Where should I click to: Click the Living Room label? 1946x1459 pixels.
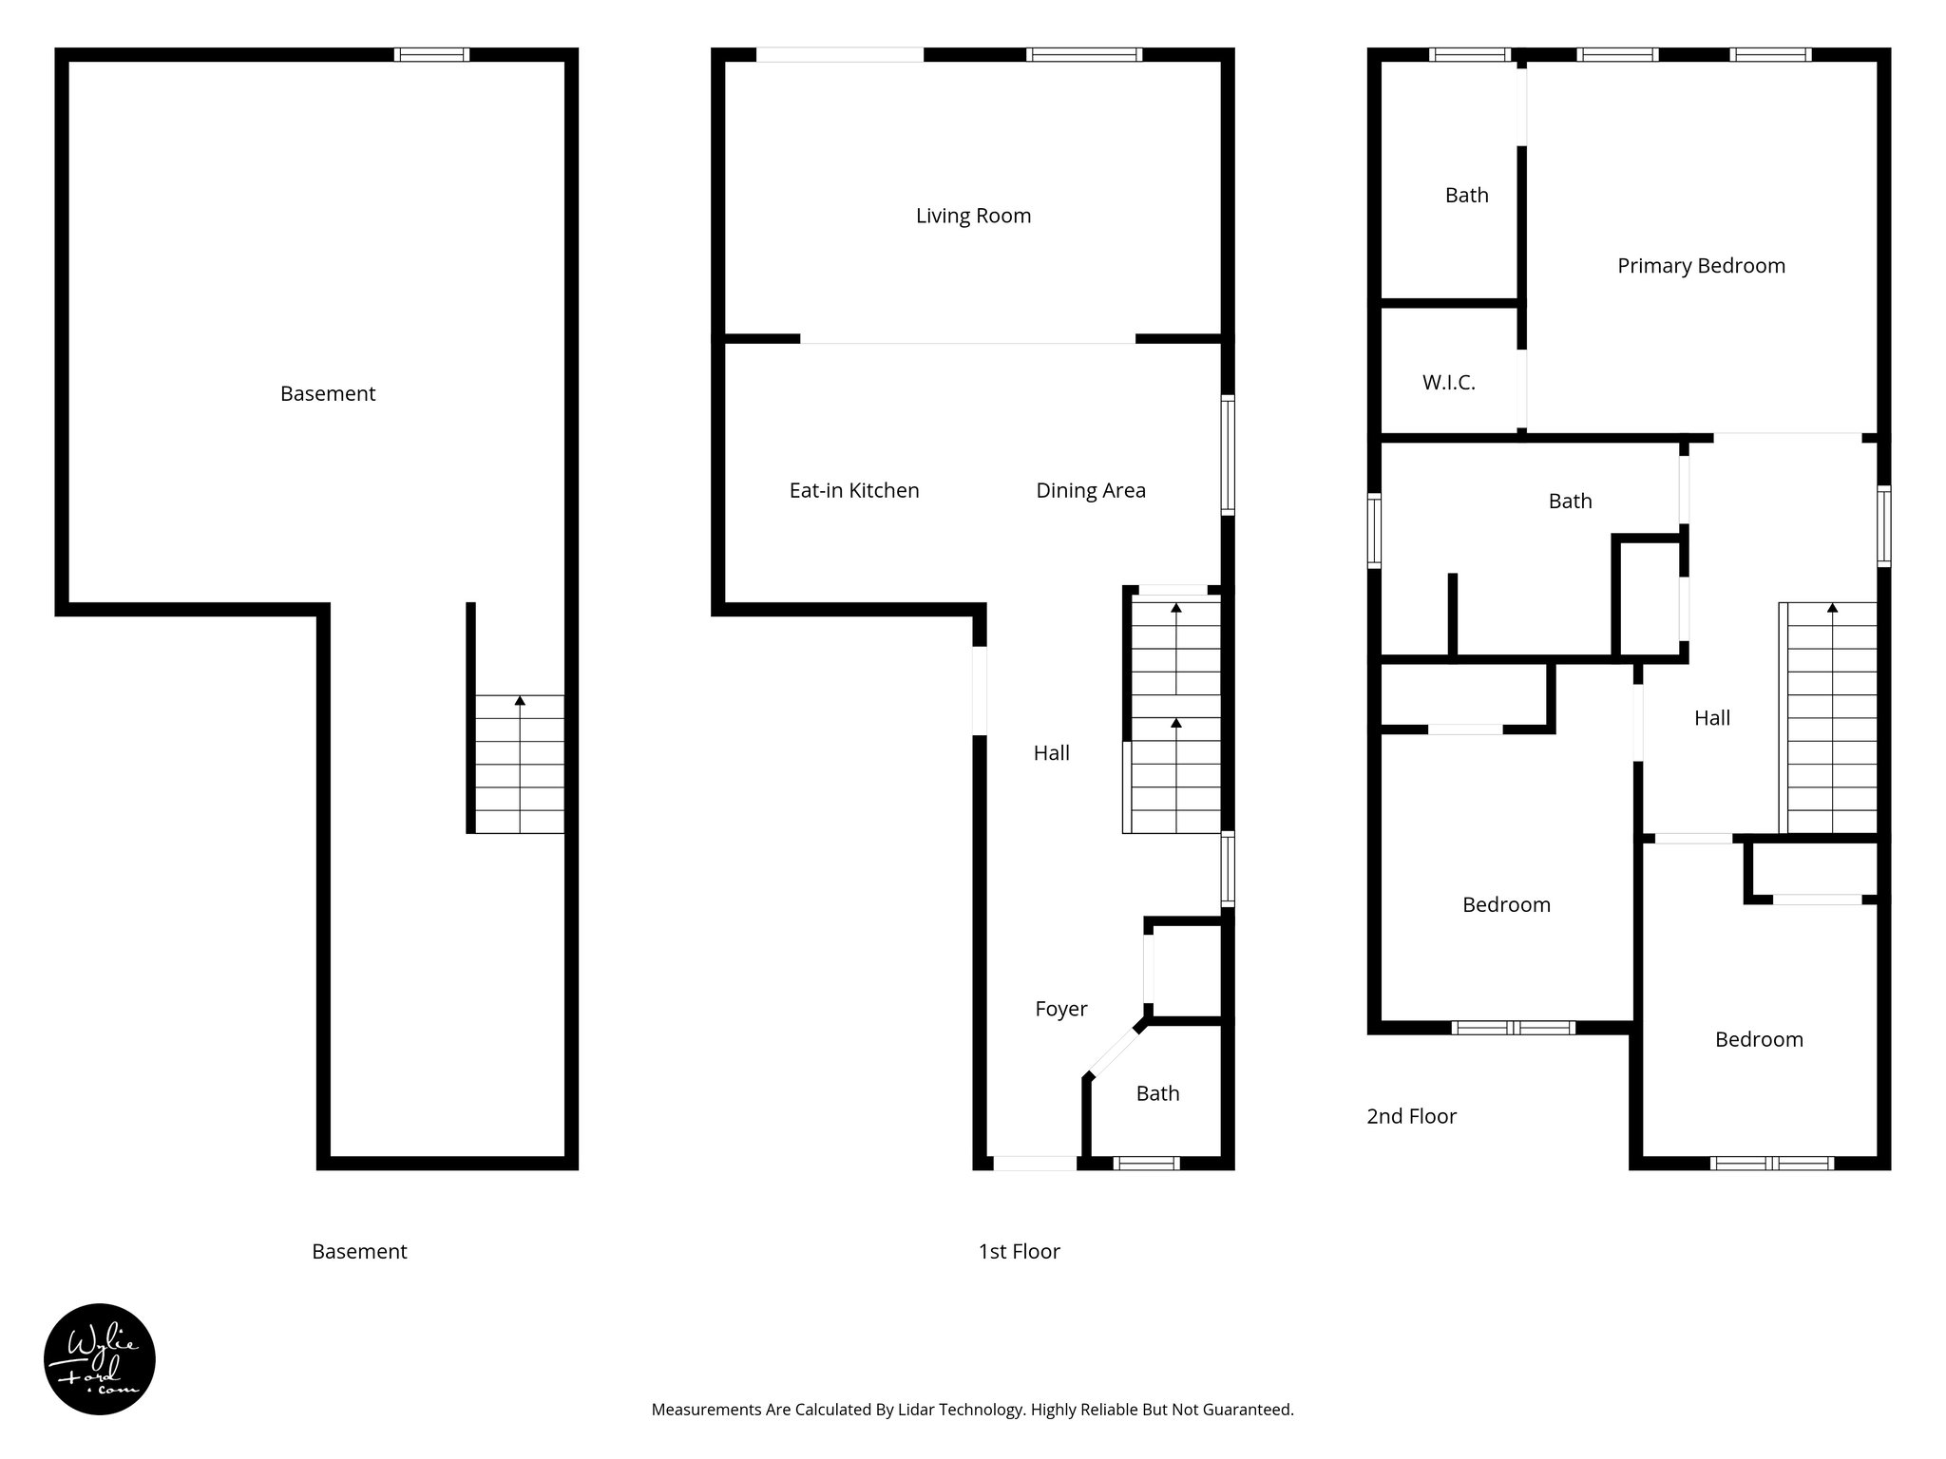(x=973, y=216)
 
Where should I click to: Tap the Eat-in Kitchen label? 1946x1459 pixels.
(x=854, y=490)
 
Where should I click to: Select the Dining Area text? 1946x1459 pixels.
(x=1090, y=490)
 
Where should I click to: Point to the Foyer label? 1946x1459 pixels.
(x=1060, y=1009)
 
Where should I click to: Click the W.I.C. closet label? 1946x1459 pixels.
(x=1448, y=383)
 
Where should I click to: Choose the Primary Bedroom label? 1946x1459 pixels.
(x=1701, y=266)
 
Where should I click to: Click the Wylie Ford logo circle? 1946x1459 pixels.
(x=100, y=1359)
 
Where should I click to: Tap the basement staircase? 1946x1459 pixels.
(x=520, y=765)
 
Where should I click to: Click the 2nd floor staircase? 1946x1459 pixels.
(x=1832, y=719)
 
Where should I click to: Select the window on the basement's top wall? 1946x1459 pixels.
(x=431, y=55)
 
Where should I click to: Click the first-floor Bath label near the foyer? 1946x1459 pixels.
(x=1157, y=1093)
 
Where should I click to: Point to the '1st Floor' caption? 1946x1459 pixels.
(x=1019, y=1252)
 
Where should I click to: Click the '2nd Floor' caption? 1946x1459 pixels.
(x=1411, y=1116)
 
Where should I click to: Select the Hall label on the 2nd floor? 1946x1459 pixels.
(x=1711, y=718)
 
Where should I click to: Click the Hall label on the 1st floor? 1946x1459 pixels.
(x=1051, y=753)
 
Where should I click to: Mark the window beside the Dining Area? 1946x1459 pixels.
(x=1228, y=456)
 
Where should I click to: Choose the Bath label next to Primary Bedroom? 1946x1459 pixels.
(x=1466, y=195)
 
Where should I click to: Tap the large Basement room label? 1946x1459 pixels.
(x=328, y=393)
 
